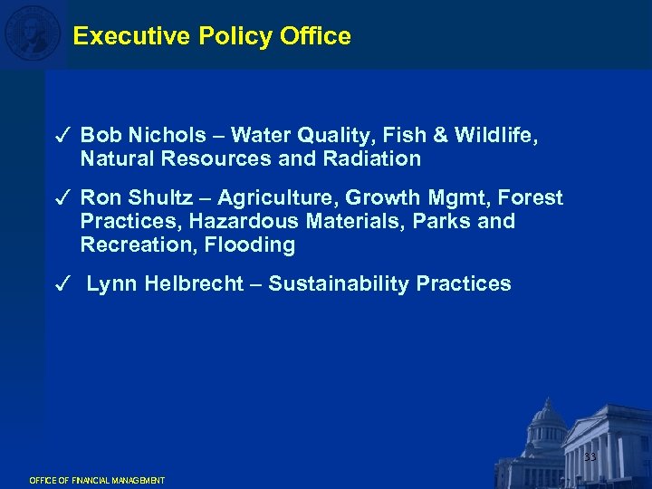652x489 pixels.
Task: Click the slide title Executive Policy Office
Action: pos(212,36)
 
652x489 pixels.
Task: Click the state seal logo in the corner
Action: pos(33,34)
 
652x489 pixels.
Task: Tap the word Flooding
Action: pos(250,244)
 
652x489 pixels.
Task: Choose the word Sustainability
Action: pos(339,283)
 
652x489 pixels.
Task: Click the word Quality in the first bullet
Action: pos(331,136)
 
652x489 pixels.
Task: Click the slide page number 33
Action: pos(590,457)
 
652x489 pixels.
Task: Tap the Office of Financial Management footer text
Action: pos(97,480)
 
